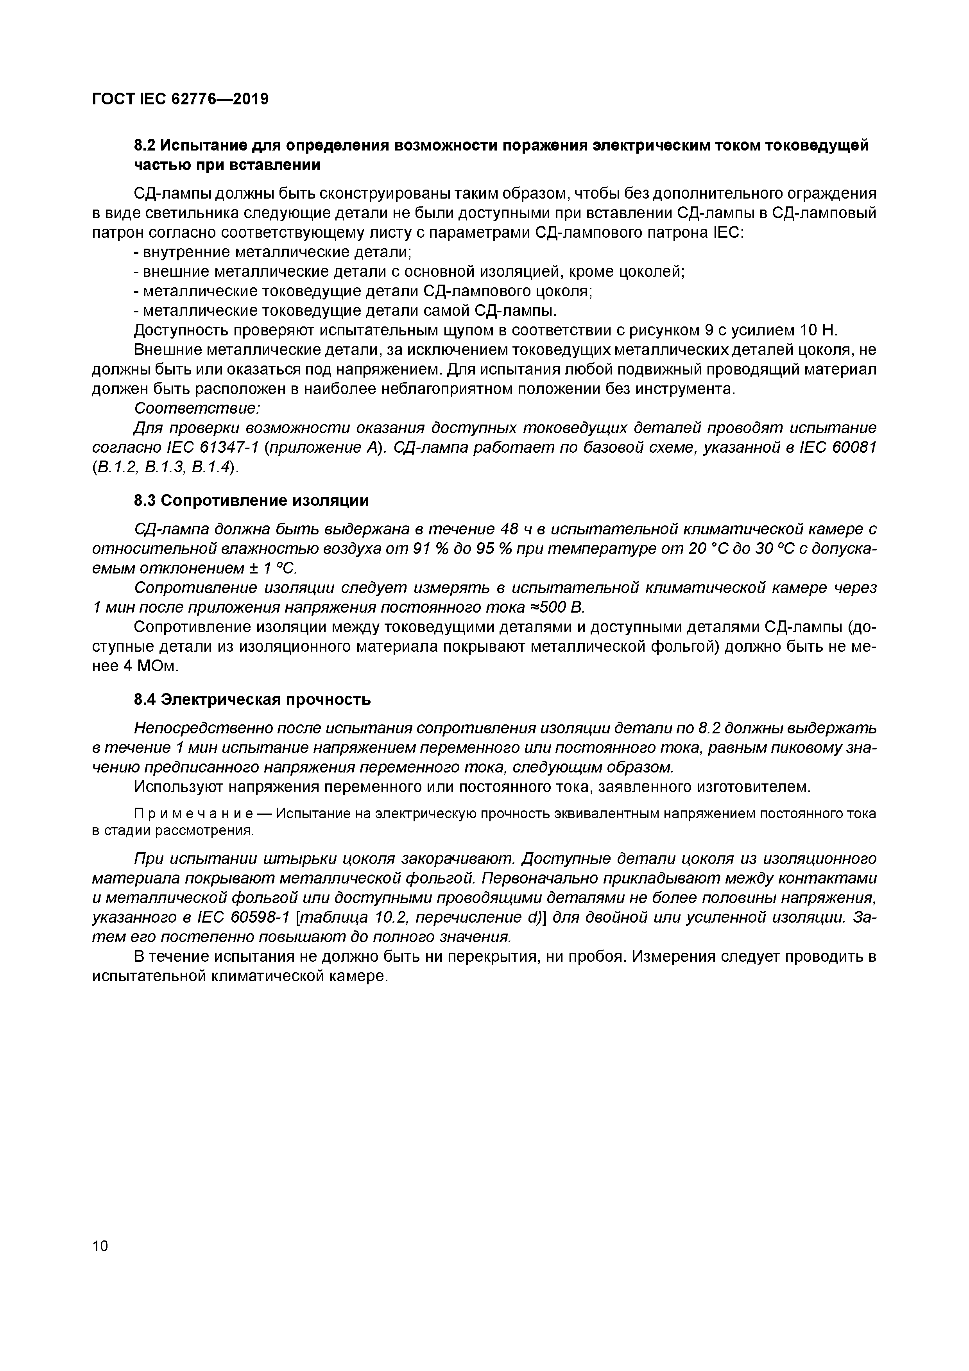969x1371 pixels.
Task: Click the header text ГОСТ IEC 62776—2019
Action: (180, 99)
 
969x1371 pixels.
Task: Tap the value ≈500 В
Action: (557, 607)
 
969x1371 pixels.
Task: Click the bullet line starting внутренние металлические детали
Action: (273, 252)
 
